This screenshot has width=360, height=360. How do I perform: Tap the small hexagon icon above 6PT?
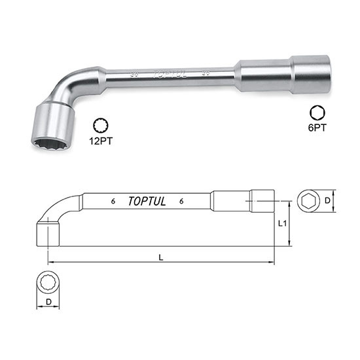(317, 114)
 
